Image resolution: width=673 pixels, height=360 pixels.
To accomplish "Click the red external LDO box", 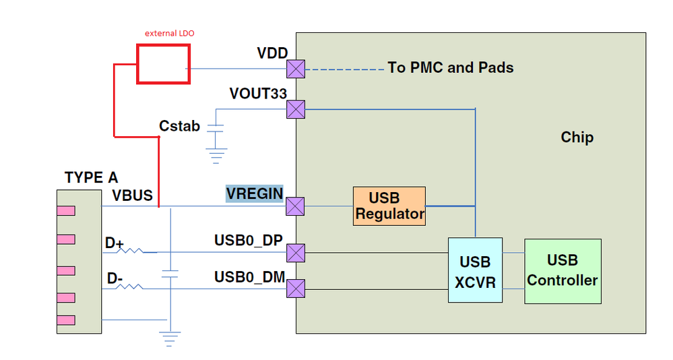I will pos(163,64).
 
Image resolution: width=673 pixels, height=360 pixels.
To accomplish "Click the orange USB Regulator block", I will pos(389,206).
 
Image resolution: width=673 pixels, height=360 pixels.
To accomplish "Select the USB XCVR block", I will pos(475,270).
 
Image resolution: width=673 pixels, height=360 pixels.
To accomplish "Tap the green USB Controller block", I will pos(563,271).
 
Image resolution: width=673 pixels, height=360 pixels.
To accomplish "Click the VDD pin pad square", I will pos(296,69).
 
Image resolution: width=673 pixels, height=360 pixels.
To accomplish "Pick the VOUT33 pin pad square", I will pos(296,109).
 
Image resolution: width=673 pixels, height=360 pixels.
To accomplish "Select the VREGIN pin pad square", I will pos(296,206).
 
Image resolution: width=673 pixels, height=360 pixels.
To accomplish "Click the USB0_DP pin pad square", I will pos(296,253).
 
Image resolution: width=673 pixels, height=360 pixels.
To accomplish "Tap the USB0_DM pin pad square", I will pos(296,289).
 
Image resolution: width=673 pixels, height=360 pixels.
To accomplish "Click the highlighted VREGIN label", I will pos(255,194).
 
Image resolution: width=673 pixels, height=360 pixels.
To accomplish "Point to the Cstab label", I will pos(179,126).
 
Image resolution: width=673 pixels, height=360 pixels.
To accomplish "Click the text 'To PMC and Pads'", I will pos(451,67).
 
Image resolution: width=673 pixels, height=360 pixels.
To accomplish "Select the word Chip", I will pos(577,138).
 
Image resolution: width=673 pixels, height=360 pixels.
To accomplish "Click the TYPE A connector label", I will pos(91,178).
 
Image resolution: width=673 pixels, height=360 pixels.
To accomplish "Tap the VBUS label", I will pos(133,196).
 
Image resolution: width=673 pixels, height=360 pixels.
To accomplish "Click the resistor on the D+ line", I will pos(131,252).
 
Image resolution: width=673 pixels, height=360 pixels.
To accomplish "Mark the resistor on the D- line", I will pos(131,288).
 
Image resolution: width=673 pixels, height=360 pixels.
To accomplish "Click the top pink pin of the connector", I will pos(66,211).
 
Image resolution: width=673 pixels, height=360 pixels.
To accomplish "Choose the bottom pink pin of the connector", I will pos(66,320).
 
